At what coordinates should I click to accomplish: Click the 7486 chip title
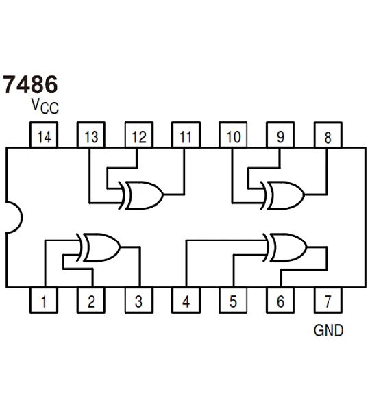30,84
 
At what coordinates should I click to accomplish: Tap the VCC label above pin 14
45,106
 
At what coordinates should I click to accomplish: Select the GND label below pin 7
328,331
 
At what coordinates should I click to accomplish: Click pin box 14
44,135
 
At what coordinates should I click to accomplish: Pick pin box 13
91,135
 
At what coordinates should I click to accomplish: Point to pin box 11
186,135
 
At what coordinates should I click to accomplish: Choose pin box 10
233,135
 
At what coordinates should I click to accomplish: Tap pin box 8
328,135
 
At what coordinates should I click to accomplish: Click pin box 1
44,301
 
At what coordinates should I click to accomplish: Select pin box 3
138,301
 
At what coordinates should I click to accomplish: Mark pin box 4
186,301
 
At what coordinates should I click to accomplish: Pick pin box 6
280,301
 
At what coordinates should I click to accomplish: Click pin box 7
328,301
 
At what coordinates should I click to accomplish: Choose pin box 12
139,135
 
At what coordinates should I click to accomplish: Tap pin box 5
233,301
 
